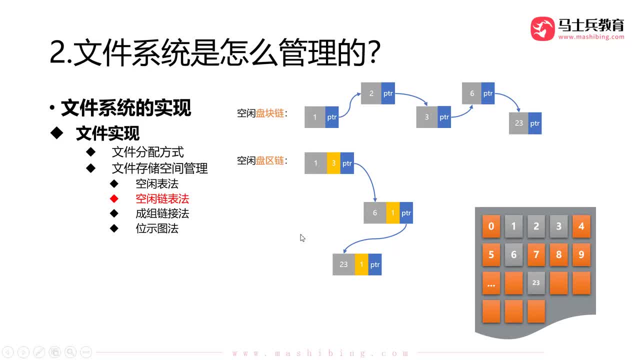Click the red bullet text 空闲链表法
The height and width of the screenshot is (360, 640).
pyautogui.click(x=162, y=198)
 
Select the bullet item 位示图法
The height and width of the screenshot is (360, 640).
pyautogui.click(x=157, y=228)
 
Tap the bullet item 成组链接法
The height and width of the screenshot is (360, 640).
pyautogui.click(x=162, y=213)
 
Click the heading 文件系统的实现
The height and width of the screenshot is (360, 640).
pyautogui.click(x=126, y=108)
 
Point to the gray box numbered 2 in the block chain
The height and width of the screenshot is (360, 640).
pyautogui.click(x=371, y=93)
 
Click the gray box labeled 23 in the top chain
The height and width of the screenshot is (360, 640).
pyautogui.click(x=518, y=123)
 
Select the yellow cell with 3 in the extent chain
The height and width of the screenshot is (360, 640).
pyautogui.click(x=333, y=163)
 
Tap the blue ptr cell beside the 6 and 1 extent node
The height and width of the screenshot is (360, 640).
pyautogui.click(x=406, y=213)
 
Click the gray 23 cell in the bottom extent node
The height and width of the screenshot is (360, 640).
pyautogui.click(x=343, y=264)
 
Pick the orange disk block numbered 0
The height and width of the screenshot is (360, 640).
pyautogui.click(x=491, y=226)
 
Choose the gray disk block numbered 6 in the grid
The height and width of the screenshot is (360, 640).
pyautogui.click(x=513, y=254)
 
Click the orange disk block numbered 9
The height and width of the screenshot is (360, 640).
pyautogui.click(x=581, y=254)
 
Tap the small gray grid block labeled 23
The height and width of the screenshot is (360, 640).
pyautogui.click(x=536, y=282)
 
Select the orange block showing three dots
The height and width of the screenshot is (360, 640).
pyautogui.click(x=491, y=283)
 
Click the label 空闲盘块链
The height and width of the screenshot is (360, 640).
pyautogui.click(x=260, y=113)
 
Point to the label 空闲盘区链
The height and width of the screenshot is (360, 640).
pyautogui.click(x=260, y=160)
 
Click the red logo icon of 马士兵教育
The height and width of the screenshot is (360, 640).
pyautogui.click(x=542, y=28)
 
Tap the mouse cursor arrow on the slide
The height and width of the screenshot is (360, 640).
pyautogui.click(x=302, y=238)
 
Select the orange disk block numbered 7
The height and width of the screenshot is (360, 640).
pyautogui.click(x=536, y=254)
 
